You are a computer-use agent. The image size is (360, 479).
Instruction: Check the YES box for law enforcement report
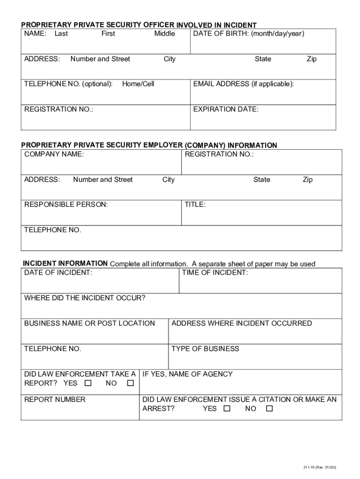87,384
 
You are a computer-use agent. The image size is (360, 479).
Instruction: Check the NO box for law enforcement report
130,384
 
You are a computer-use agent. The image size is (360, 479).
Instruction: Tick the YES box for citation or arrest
227,409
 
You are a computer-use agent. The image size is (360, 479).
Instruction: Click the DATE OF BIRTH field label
249,34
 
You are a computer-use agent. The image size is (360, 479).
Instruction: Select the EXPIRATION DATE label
226,109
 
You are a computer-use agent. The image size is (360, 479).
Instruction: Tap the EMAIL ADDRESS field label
244,84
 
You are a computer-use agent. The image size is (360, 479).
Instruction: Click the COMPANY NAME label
54,154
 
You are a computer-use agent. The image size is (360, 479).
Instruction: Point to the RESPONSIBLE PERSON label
66,205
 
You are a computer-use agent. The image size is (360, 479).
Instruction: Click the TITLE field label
195,205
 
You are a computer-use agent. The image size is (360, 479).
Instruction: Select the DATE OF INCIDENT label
58,273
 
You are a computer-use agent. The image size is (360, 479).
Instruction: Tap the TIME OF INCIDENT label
215,273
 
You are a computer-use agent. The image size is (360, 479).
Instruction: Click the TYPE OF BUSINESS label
205,349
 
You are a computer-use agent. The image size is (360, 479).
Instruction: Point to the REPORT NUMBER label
55,399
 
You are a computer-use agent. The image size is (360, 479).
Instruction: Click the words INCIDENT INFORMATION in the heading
65,263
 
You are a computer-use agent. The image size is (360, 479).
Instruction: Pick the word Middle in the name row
165,34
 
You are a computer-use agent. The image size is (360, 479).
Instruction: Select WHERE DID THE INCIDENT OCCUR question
85,298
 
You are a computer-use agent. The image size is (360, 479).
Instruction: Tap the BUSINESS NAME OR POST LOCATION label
90,324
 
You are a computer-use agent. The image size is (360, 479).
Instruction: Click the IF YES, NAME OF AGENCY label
187,374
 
